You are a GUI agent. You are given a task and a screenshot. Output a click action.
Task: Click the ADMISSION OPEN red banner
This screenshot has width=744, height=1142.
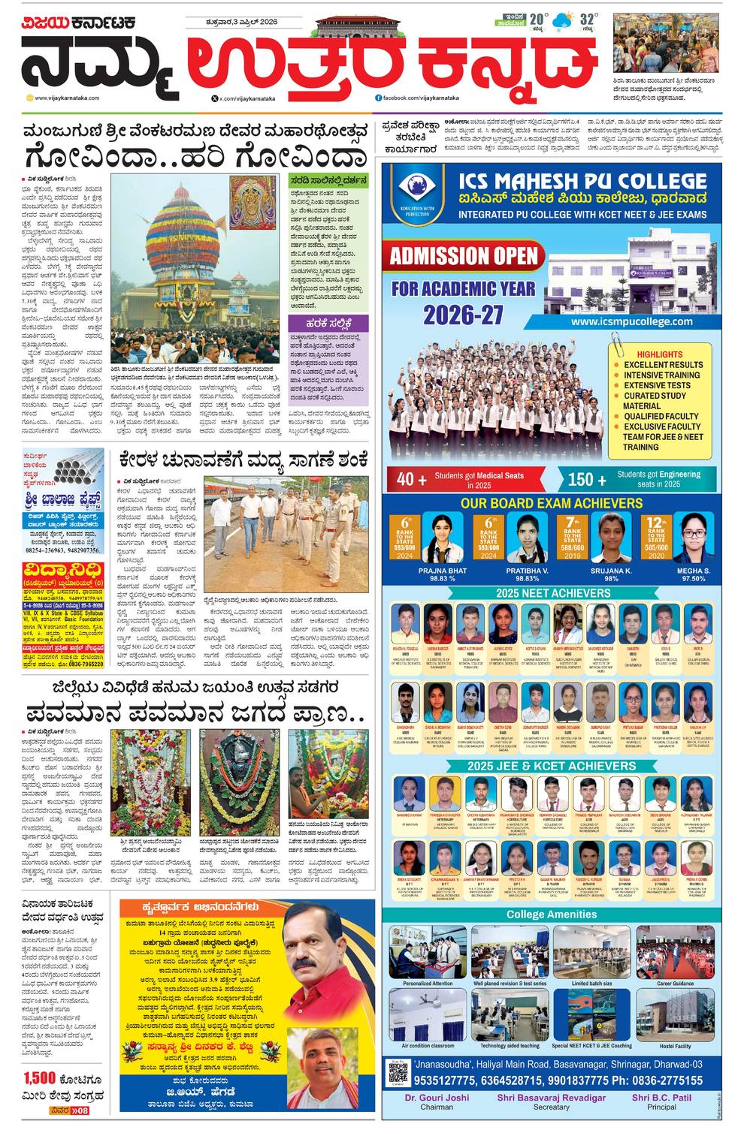[464, 255]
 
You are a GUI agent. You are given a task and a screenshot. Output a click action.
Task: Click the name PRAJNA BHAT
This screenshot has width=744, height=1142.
[443, 571]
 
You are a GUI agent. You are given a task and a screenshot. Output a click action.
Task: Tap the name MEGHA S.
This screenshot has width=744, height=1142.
[693, 571]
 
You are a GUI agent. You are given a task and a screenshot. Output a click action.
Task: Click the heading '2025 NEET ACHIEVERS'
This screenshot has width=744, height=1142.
[552, 593]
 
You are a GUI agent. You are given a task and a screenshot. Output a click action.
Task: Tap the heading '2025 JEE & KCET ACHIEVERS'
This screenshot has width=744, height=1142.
[552, 766]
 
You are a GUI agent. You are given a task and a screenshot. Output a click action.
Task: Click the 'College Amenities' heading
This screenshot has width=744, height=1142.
[552, 915]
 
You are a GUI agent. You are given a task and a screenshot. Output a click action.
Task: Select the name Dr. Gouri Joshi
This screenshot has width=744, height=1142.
[437, 1098]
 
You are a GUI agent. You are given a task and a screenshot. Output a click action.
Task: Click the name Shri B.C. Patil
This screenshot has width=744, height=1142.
[661, 1098]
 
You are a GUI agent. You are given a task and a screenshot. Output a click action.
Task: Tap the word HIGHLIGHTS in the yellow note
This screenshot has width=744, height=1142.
[659, 354]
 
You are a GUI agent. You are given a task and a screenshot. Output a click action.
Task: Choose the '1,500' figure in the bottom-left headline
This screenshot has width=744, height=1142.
[39, 1078]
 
